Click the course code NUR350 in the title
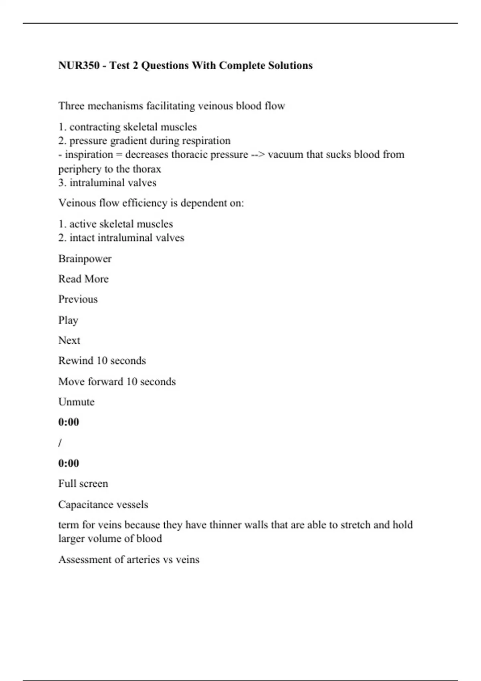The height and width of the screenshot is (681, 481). tap(79, 65)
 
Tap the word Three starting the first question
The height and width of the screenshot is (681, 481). tap(71, 106)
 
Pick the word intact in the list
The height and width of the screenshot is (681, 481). tap(82, 238)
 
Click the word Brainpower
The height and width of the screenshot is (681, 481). tap(85, 259)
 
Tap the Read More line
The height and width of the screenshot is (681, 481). tap(83, 279)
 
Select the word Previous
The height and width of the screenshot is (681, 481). tap(78, 299)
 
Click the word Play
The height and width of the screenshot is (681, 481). tap(68, 320)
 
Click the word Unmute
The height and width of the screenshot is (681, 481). tap(77, 402)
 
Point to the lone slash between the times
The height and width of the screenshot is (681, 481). tap(60, 443)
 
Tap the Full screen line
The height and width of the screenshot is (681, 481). tap(83, 484)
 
